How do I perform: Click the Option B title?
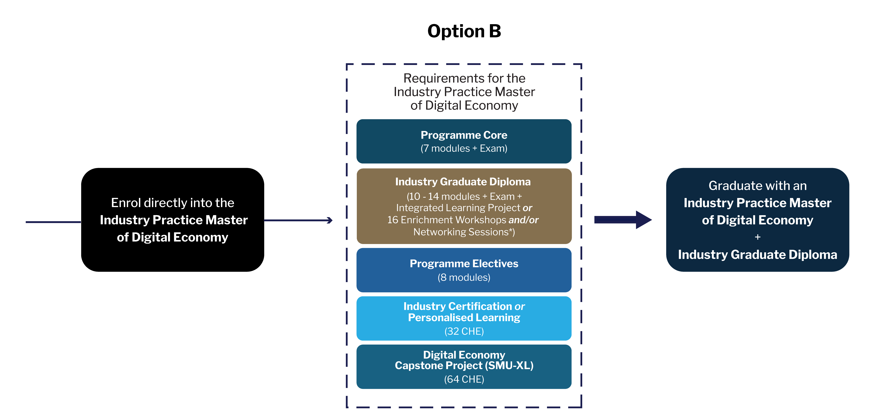[464, 31]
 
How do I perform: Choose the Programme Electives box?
[464, 270]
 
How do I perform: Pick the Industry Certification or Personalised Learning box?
[464, 318]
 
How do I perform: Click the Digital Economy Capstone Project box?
[464, 366]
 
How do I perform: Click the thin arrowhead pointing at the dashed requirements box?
[329, 220]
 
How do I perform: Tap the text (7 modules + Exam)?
[464, 148]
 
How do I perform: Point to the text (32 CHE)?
[464, 331]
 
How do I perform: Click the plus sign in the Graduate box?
[757, 237]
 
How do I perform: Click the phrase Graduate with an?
[757, 186]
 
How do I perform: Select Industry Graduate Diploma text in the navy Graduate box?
[757, 255]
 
